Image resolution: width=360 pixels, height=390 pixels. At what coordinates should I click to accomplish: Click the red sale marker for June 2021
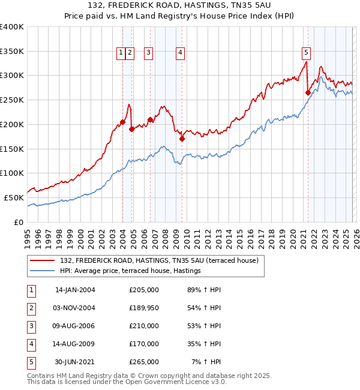click(308, 92)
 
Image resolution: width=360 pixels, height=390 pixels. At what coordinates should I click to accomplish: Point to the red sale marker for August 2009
click(182, 139)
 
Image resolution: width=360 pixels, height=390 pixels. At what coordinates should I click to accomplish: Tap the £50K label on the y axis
click(14, 197)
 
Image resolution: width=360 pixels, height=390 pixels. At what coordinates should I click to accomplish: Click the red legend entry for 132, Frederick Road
click(159, 260)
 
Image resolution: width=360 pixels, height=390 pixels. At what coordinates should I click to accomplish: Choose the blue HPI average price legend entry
click(130, 271)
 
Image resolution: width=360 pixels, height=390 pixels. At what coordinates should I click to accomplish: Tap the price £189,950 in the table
click(144, 308)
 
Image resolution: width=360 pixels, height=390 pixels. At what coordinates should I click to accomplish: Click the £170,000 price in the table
click(144, 344)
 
